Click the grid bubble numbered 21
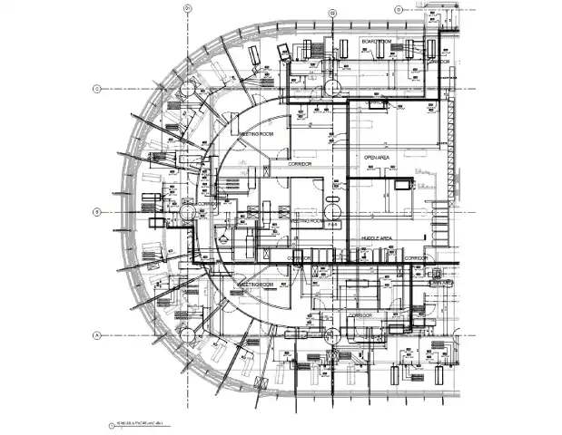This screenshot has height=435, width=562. coord(187,9)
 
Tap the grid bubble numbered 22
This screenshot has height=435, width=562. coord(333,12)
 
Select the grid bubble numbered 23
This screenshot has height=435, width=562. coord(399,9)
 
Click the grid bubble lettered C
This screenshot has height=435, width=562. coord(95,89)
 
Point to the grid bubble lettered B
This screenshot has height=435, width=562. coord(95,212)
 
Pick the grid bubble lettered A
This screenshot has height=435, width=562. coord(95,335)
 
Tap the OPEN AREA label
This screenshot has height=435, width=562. coord(377,157)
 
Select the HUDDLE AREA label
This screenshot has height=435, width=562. coord(377,237)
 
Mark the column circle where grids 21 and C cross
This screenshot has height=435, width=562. coord(188,89)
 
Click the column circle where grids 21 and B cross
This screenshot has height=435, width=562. coord(188,212)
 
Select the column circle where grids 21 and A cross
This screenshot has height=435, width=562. coord(188,335)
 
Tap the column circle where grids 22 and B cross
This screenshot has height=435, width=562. coord(333,212)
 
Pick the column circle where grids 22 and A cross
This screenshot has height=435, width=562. coord(333,335)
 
